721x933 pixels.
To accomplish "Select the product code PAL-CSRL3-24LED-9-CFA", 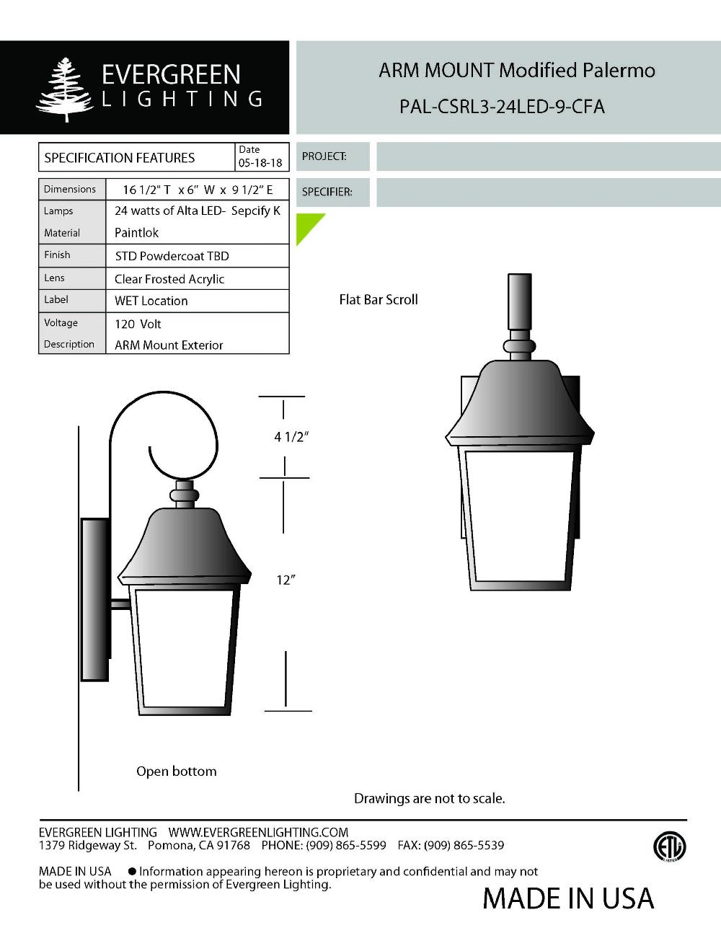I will click(x=502, y=107).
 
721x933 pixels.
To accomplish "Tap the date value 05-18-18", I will click(x=260, y=163).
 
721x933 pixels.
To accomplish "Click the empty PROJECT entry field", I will click(x=548, y=156).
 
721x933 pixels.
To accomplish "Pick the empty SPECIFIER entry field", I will click(x=548, y=193).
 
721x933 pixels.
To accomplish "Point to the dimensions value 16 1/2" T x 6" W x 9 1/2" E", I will click(x=198, y=190).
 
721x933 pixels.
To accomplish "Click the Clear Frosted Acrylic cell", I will click(x=169, y=279).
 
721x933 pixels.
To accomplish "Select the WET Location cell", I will click(x=151, y=301).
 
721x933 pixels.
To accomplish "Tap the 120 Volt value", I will click(x=138, y=324).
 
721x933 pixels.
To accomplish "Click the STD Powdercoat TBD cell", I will click(x=172, y=256).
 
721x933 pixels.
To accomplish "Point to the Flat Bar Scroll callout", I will click(x=379, y=299).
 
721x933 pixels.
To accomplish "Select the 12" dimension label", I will click(x=286, y=580).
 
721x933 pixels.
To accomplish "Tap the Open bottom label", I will click(x=177, y=771).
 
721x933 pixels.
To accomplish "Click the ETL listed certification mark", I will click(x=669, y=846).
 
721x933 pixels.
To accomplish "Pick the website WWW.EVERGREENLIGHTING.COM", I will click(x=258, y=833).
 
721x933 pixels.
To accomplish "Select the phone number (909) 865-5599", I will click(x=346, y=845).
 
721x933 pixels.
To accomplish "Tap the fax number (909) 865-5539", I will click(x=464, y=845).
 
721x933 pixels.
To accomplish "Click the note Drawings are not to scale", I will click(x=430, y=799).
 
